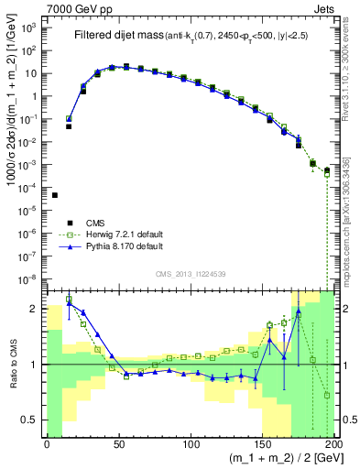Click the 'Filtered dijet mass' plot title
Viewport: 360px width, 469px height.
coord(118,35)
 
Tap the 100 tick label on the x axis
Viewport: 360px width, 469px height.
coord(191,446)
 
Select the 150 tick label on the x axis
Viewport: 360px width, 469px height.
coord(264,446)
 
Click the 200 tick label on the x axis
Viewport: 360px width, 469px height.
coord(334,446)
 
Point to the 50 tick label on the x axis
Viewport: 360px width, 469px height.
coord(119,446)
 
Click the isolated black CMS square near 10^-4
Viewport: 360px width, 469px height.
coord(54,195)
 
